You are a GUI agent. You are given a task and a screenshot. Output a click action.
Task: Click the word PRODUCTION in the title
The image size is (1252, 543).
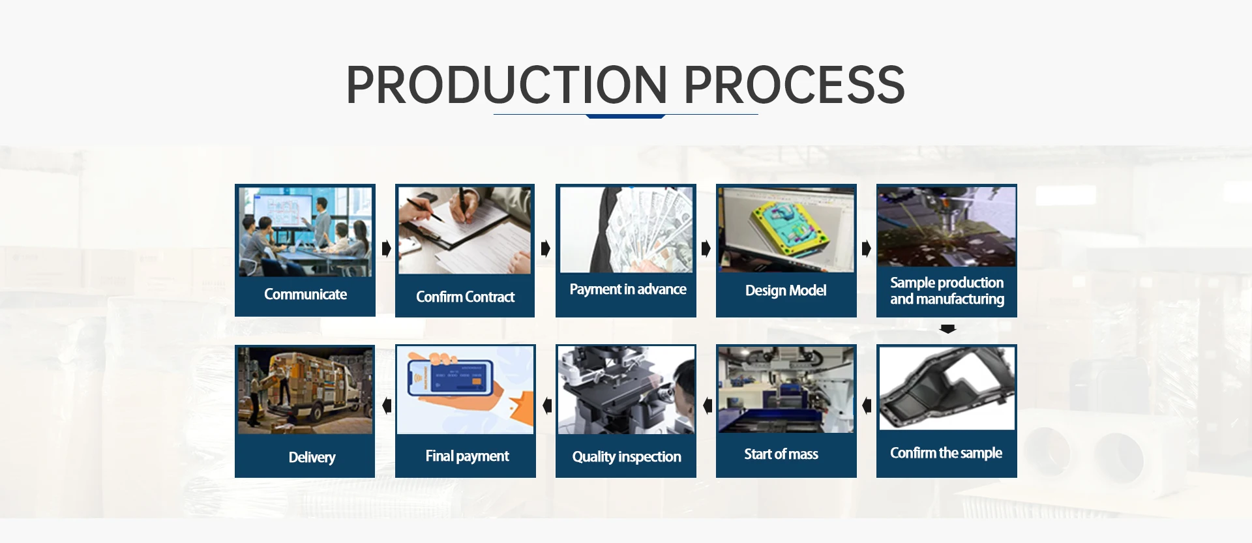point(507,85)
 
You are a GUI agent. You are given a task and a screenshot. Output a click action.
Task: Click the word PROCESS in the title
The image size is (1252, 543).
point(794,85)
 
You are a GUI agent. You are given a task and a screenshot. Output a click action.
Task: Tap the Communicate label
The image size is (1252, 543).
point(305,295)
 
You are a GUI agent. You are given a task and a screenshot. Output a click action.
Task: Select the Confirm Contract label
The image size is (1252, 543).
point(465,297)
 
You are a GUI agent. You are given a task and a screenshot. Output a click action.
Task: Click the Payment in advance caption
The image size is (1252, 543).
point(628,289)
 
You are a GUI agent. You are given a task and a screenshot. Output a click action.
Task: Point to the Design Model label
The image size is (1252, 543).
point(786,291)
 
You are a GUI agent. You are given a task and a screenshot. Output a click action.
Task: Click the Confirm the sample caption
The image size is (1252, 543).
point(946,453)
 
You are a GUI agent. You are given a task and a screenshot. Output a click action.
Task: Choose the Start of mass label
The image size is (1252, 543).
point(781,454)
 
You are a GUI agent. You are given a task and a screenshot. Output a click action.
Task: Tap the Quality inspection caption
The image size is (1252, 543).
point(627,457)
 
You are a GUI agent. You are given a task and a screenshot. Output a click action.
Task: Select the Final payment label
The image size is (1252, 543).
point(467,456)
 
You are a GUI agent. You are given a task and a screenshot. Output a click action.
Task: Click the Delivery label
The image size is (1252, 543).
point(312,458)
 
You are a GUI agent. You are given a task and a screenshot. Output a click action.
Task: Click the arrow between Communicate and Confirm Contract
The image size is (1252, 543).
point(386,248)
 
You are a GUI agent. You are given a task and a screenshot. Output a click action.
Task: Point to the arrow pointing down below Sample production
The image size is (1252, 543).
point(948,329)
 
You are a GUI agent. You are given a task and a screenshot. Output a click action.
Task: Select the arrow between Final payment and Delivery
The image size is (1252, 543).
point(387,405)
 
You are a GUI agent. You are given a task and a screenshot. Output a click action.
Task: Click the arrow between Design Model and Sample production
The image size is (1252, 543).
point(866,248)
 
